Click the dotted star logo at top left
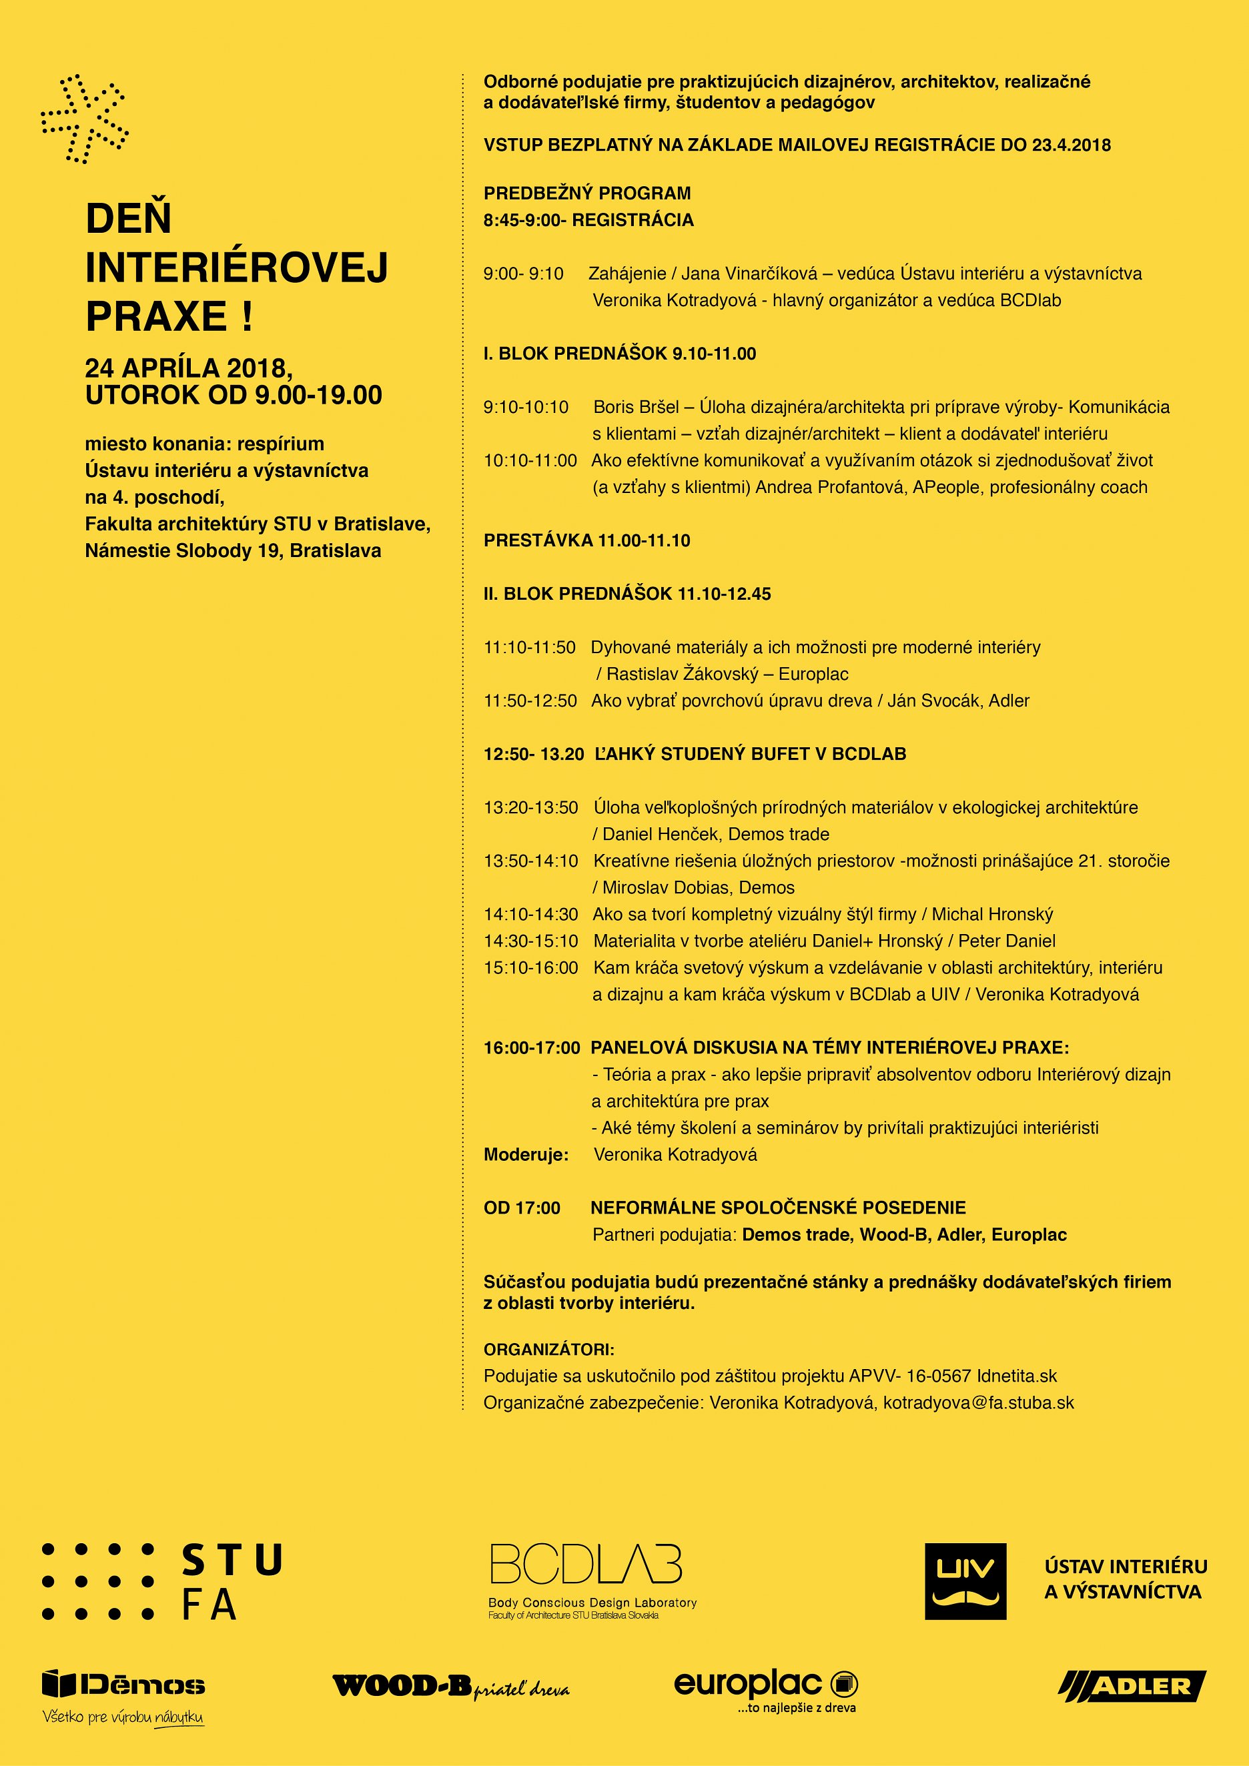coord(84,119)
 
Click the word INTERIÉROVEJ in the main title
coord(236,268)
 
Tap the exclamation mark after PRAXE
coord(246,316)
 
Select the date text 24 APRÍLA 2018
coord(188,368)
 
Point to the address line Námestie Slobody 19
coord(182,550)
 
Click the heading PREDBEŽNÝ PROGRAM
coord(587,193)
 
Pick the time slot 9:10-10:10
coord(526,407)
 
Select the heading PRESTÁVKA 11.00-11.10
coord(587,540)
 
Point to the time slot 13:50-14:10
coord(530,861)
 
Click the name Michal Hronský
coord(992,914)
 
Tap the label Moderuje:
coord(526,1154)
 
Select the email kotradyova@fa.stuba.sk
coord(978,1402)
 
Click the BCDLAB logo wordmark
coord(586,1565)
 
